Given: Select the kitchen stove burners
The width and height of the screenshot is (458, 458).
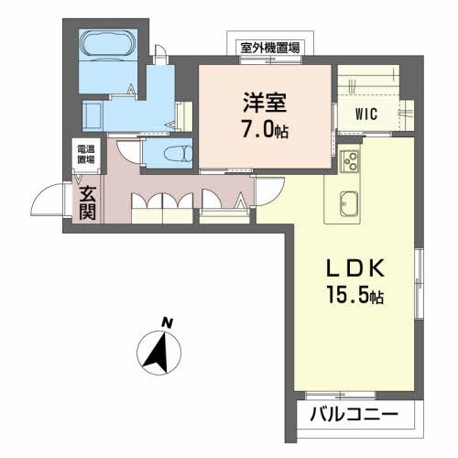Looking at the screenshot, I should [x=350, y=162].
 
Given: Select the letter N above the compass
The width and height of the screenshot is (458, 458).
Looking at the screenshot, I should [x=167, y=322].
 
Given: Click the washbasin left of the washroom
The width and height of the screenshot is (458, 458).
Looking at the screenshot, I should [x=93, y=114].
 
